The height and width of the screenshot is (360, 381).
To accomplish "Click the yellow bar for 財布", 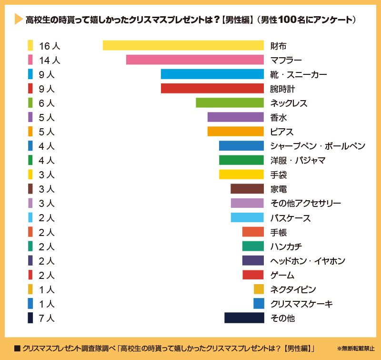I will [183, 46].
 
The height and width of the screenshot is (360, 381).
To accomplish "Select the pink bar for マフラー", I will [195, 60].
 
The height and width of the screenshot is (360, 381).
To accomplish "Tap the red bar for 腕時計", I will [212, 89].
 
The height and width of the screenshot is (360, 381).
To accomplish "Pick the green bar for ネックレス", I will [230, 103].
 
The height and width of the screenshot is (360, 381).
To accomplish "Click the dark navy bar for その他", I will [244, 318].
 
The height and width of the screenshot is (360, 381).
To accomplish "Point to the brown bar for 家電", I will [247, 189].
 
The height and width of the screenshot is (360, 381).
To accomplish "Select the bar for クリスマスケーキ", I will [259, 304].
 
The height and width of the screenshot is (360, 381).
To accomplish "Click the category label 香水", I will [278, 117].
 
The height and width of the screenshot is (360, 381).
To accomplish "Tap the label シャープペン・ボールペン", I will [318, 146].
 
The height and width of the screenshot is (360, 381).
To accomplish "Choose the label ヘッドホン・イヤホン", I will [308, 261].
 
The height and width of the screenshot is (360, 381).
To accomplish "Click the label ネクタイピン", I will [293, 289].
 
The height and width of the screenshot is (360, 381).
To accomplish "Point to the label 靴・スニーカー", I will [299, 74].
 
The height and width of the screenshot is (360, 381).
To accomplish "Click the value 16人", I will [50, 46].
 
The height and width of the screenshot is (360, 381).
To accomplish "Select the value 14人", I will [50, 60].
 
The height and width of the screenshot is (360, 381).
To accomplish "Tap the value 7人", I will [47, 318].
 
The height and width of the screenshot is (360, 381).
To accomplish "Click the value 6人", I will [47, 103].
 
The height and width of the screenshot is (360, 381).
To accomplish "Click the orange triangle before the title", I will [19, 20].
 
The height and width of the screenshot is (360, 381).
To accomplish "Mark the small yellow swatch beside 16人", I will [30, 46].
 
